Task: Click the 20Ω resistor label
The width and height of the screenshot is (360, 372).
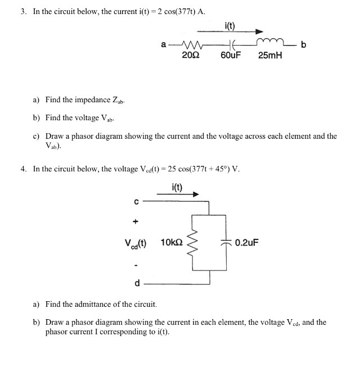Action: tap(189, 55)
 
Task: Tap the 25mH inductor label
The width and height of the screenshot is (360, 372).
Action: tap(270, 55)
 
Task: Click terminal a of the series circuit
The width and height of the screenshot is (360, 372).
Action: tap(163, 44)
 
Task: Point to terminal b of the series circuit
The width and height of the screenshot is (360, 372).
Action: tap(303, 44)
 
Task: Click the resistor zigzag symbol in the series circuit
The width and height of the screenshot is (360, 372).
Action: tap(189, 44)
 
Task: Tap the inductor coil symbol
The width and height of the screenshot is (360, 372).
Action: tap(269, 42)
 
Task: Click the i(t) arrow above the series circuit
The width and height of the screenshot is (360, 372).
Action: tap(242, 32)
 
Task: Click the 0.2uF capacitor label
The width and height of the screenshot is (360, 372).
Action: tap(247, 243)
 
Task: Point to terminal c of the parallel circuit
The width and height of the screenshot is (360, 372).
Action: tap(136, 199)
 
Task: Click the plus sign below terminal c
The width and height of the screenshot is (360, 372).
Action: tap(136, 221)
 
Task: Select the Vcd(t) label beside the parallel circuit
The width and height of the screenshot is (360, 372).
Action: tap(136, 243)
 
